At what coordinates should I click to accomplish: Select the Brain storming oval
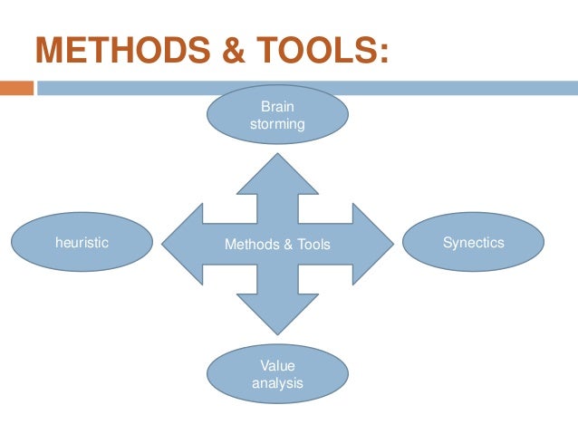[278, 115]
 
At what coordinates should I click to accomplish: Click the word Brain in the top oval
[277, 107]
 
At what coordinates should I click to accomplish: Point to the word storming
[277, 124]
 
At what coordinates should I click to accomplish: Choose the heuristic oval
[82, 242]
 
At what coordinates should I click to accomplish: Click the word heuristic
[82, 243]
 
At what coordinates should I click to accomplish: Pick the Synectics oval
[473, 242]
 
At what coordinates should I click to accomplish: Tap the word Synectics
[473, 243]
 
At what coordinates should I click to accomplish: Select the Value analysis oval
[277, 374]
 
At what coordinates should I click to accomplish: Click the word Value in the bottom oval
[277, 366]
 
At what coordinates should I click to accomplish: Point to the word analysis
[277, 383]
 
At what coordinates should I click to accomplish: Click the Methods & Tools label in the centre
[277, 244]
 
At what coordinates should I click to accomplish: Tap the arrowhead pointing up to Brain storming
[277, 172]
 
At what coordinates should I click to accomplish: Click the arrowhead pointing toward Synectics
[373, 243]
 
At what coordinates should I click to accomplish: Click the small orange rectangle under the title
[15, 89]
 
